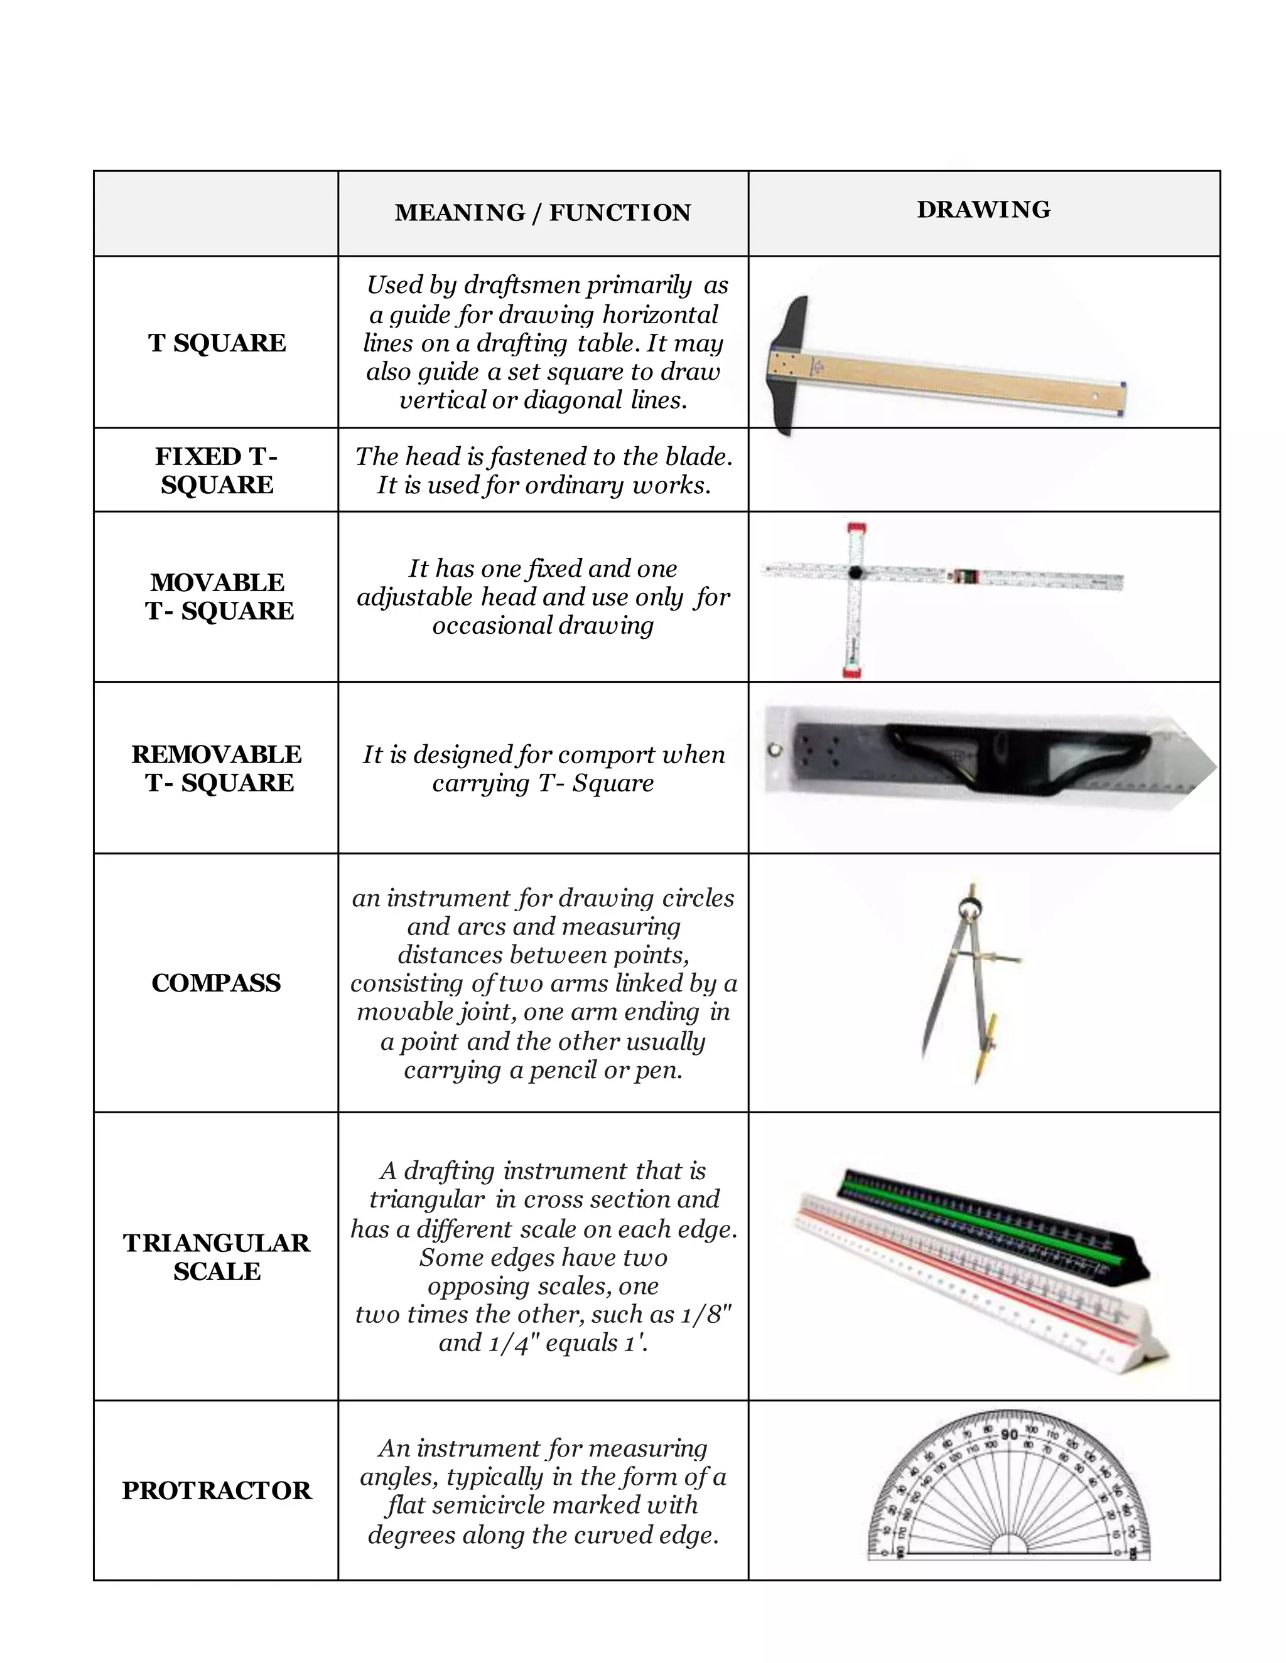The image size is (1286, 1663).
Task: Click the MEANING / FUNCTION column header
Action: click(543, 213)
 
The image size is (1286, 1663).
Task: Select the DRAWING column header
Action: click(983, 210)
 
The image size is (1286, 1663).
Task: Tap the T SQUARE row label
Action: click(217, 343)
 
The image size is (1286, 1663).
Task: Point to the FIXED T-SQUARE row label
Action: click(217, 470)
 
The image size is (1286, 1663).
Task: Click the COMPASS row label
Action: click(217, 982)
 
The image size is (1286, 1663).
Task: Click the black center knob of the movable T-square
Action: click(856, 572)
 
